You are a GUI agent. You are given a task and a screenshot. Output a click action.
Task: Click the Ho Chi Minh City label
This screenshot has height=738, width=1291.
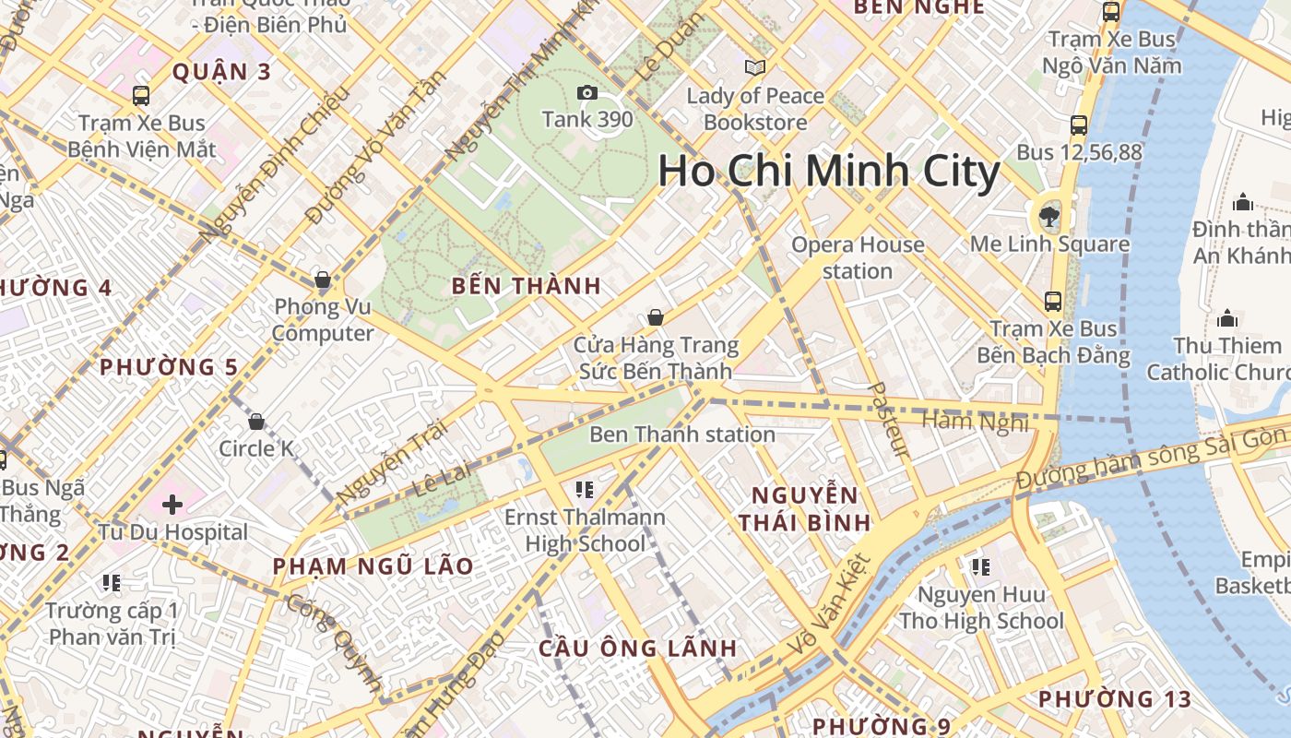[828, 173]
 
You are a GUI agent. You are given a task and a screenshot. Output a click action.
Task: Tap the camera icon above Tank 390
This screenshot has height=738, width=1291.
[586, 93]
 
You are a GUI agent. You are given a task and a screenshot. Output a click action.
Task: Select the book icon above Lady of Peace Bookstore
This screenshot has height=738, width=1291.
[755, 68]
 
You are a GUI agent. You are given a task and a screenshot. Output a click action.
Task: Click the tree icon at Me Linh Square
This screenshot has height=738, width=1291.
[1048, 218]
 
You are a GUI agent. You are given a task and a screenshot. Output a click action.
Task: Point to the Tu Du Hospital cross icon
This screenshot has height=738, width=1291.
[172, 505]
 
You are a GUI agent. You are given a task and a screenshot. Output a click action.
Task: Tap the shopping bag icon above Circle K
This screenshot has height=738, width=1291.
[256, 422]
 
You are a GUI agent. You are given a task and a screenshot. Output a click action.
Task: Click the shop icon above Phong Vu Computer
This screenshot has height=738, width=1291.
[323, 280]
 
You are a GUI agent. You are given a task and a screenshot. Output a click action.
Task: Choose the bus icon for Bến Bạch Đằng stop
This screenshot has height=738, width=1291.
[1052, 301]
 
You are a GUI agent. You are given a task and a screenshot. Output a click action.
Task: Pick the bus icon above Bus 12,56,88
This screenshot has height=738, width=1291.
[1079, 125]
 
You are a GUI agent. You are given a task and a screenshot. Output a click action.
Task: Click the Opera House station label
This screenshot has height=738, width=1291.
[858, 257]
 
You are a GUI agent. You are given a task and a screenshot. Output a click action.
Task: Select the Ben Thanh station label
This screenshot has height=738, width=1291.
[682, 434]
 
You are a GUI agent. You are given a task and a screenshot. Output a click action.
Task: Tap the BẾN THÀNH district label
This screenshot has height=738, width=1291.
[527, 286]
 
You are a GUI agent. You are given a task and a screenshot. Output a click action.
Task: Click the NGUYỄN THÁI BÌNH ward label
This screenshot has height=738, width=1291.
[804, 509]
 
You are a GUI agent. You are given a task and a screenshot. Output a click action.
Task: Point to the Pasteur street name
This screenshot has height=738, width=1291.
[886, 420]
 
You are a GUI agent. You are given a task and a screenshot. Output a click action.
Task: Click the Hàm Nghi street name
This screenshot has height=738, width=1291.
[975, 422]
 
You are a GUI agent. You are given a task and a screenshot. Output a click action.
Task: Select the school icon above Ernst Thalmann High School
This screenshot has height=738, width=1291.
[584, 489]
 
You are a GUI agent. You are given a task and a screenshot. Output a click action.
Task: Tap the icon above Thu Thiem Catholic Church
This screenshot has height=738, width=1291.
[1226, 319]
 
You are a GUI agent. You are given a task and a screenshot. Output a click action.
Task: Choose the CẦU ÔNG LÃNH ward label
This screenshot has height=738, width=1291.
[638, 648]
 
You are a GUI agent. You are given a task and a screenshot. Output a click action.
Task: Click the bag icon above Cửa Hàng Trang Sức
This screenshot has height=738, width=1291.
[655, 318]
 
